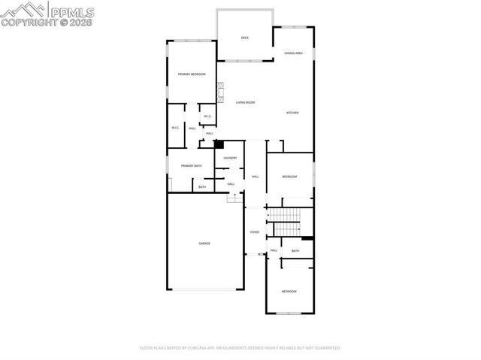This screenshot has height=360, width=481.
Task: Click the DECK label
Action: [244, 37]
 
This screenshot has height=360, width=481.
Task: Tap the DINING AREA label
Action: [293, 53]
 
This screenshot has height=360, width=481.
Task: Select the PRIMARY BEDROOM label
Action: [192, 74]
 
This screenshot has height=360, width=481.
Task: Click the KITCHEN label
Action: [292, 113]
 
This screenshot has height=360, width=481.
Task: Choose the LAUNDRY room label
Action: [231, 158]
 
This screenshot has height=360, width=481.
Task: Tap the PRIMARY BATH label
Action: [191, 165]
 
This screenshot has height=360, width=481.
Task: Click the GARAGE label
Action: [204, 244]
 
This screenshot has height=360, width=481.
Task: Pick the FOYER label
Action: [255, 232]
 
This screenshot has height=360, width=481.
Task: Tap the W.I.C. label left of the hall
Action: [174, 128]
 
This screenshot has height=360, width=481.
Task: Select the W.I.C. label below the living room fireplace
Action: [207, 116]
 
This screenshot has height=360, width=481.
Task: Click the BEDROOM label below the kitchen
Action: [289, 177]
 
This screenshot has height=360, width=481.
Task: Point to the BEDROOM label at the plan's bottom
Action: [289, 291]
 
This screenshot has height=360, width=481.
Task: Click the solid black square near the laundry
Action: [219, 144]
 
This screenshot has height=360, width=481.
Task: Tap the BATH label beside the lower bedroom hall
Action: [295, 251]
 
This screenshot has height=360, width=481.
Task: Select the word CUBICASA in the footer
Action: [213, 348]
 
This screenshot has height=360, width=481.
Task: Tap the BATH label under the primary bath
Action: [202, 187]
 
